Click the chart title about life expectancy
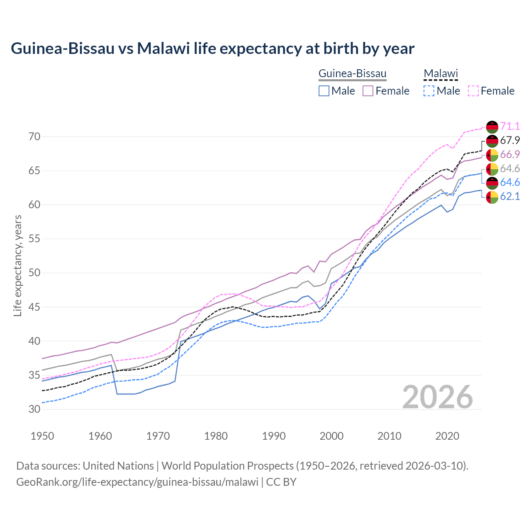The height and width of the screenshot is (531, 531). point(212,49)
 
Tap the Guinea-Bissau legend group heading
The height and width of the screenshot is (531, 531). point(352,74)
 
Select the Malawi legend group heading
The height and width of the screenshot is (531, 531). point(440,74)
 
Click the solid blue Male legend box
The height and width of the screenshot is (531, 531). point(324,91)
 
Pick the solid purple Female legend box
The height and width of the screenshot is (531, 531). point(368,91)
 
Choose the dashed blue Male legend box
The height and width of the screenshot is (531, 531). point(429,91)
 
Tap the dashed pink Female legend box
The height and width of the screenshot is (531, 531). point(473,91)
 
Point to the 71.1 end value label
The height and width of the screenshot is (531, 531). point(510,126)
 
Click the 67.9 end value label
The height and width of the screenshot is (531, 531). point(510,140)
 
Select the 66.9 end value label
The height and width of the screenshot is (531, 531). point(510,154)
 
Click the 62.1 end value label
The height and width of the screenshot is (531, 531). point(510,196)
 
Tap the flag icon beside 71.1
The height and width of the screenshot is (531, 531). point(492,127)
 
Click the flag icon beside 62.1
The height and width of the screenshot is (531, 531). point(492,197)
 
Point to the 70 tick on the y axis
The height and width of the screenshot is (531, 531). point(34,136)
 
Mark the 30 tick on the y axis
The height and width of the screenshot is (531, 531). point(34,409)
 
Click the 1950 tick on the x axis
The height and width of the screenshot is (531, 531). point(43,436)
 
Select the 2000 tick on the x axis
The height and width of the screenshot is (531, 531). point(331,436)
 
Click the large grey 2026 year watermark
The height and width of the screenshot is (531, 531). point(438,397)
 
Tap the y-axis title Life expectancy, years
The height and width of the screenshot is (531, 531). point(18,265)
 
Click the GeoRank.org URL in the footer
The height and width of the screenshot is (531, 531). point(137,482)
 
